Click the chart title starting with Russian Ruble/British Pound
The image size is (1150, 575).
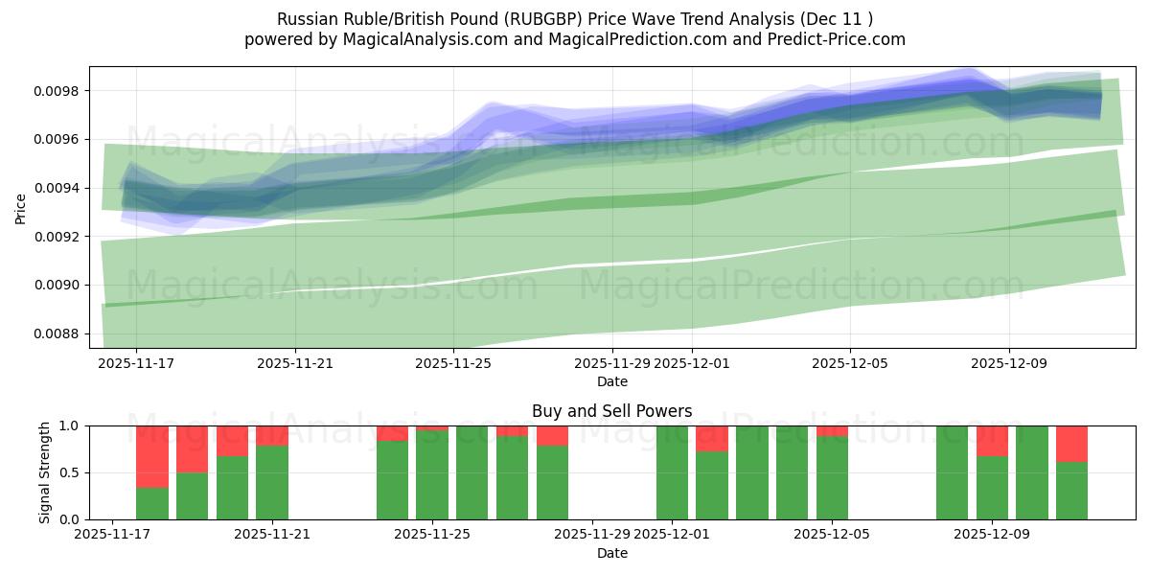pyautogui.click(x=575, y=18)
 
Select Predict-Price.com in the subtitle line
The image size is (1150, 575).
pyautogui.click(x=830, y=39)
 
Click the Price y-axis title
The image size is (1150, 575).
pyautogui.click(x=21, y=207)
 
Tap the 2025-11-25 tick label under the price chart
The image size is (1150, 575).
pyautogui.click(x=454, y=364)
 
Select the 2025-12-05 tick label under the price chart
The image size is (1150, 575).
pyautogui.click(x=850, y=364)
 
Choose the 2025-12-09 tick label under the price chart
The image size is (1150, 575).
pyautogui.click(x=1008, y=364)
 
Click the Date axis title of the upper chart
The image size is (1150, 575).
pyautogui.click(x=612, y=381)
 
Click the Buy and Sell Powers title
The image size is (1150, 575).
pyautogui.click(x=612, y=411)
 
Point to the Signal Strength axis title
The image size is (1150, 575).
pyautogui.click(x=45, y=472)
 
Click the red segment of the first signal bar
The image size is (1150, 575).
pyautogui.click(x=152, y=456)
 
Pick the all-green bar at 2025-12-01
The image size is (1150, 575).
pyautogui.click(x=672, y=472)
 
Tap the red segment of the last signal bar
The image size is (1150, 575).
pyautogui.click(x=1071, y=444)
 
